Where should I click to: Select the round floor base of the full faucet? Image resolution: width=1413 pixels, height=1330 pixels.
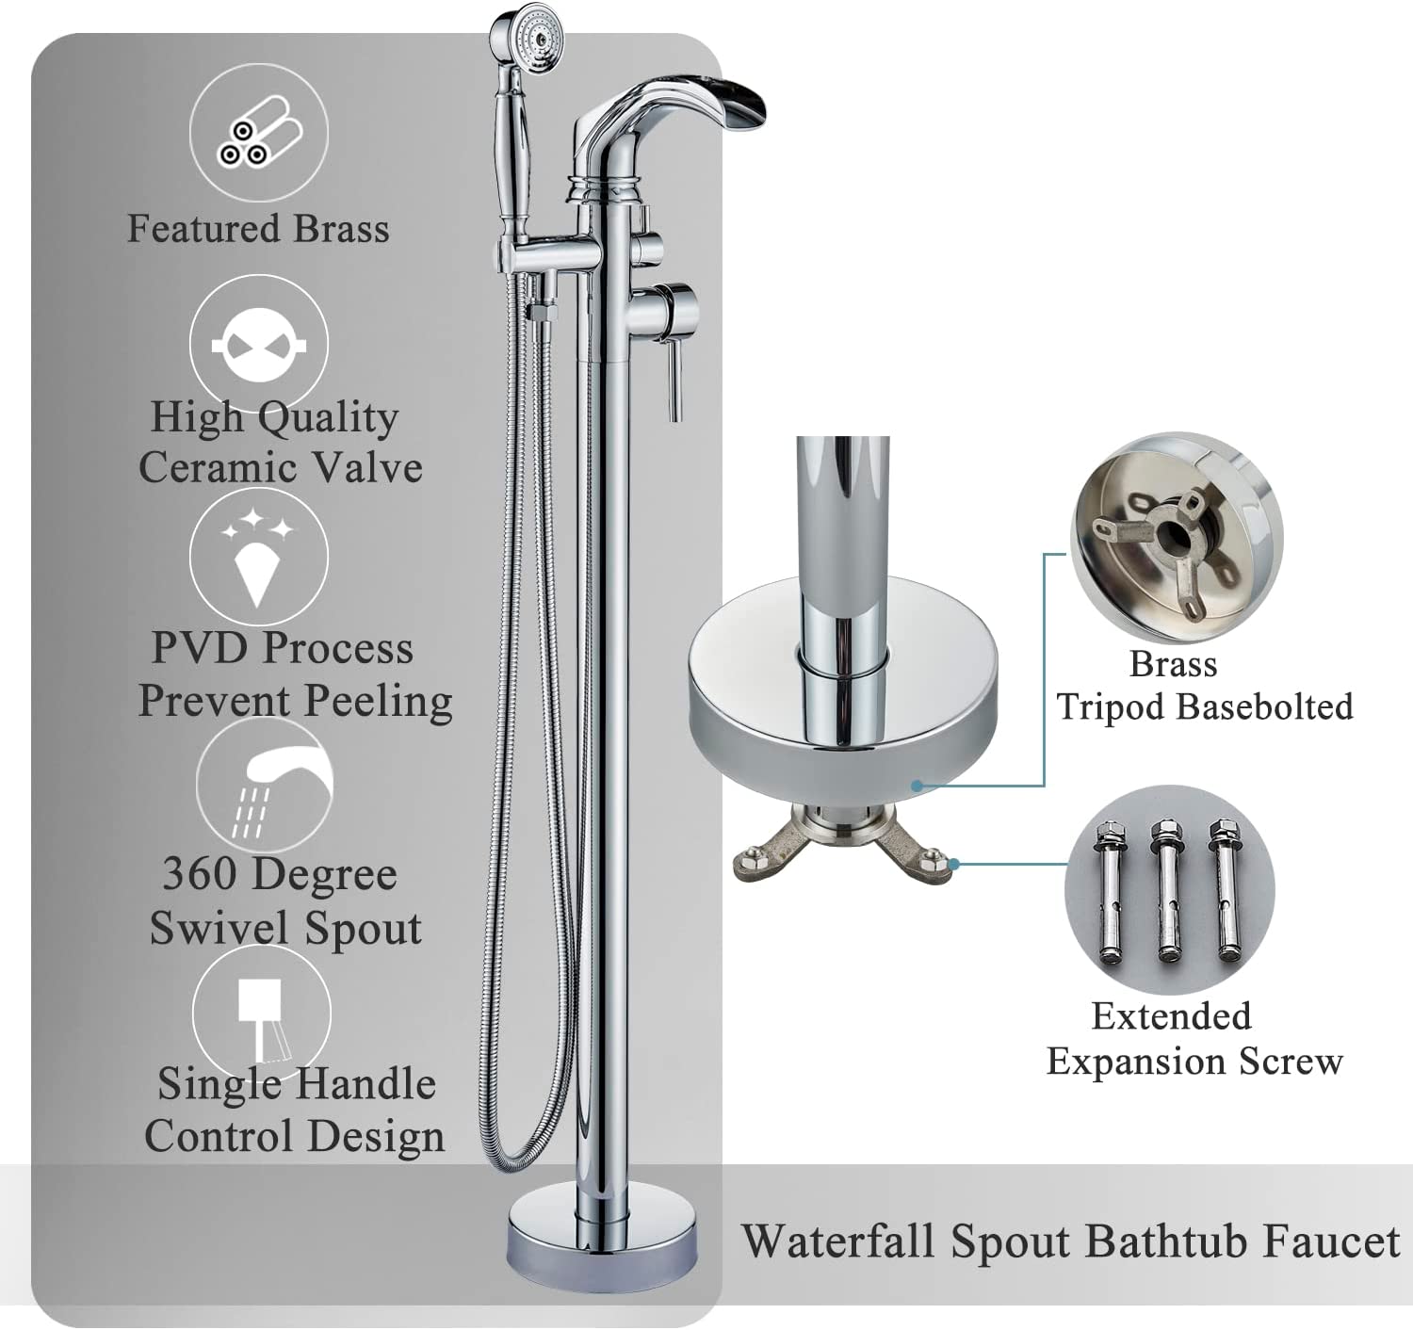[x=603, y=1239]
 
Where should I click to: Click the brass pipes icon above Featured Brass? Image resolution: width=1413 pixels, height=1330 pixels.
[x=259, y=133]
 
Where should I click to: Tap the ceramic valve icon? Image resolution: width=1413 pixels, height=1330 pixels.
[x=259, y=345]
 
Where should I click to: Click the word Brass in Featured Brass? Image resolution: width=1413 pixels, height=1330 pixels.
[x=341, y=229]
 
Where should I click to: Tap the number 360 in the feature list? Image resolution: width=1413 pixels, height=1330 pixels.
[x=199, y=873]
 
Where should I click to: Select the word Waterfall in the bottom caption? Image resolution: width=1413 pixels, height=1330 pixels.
[x=837, y=1241]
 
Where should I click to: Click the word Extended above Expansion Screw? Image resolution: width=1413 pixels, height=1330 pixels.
[x=1172, y=1016]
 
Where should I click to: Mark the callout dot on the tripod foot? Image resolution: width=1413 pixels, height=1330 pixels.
[x=955, y=864]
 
